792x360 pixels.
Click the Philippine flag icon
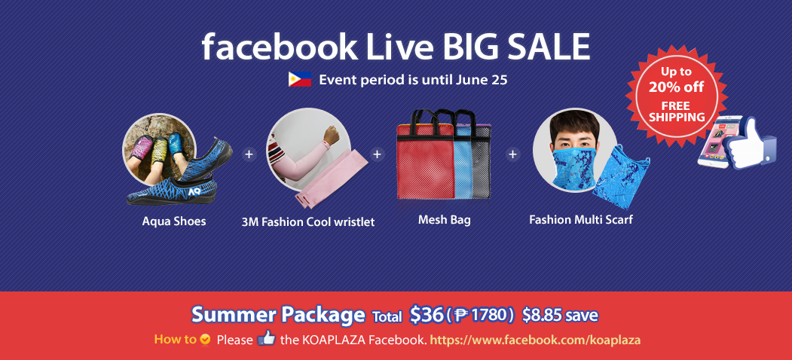[x=299, y=79]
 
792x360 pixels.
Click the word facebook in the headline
[x=279, y=47]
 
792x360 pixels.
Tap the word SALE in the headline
[x=542, y=47]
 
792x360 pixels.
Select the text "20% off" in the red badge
[x=677, y=87]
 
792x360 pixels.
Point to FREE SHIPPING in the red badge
[x=677, y=112]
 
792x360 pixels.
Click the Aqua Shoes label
[x=174, y=221]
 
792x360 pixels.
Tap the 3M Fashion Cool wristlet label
[x=308, y=221]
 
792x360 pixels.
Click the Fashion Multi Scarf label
[x=581, y=220]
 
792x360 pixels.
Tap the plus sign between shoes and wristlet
[x=249, y=154]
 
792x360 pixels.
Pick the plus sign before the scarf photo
[x=512, y=154]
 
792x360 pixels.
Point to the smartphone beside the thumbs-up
[x=713, y=142]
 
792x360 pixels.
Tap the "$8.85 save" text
[x=560, y=316]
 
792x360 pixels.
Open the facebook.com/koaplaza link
[x=535, y=340]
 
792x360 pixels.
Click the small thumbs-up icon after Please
[x=266, y=337]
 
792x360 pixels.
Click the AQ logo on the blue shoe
[x=194, y=191]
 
